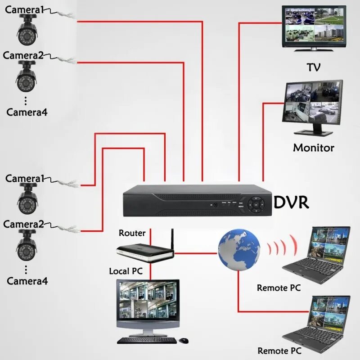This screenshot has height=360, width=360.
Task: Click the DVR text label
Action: click(292, 202)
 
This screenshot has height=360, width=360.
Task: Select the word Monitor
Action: click(314, 147)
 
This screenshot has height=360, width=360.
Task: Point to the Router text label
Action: click(132, 233)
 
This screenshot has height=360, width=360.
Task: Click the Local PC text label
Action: click(126, 271)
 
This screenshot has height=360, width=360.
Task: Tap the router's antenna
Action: click(171, 240)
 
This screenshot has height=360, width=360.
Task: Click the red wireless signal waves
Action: click(283, 247)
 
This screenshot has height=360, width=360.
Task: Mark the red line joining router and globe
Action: click(196, 252)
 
